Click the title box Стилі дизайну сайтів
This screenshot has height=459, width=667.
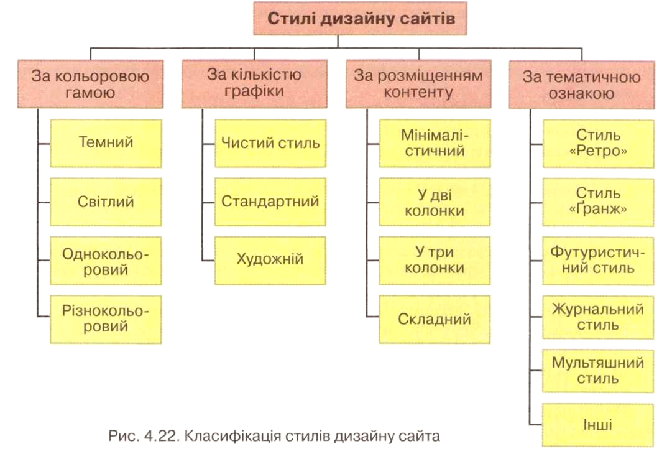(x=360, y=18)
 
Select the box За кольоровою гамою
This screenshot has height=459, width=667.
(x=90, y=84)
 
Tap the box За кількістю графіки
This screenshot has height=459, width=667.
(x=254, y=83)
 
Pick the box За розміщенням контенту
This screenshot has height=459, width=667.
(x=418, y=83)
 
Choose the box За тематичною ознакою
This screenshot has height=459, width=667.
(x=582, y=85)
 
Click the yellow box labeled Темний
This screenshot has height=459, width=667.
(x=106, y=143)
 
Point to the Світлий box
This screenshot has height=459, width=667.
(x=106, y=202)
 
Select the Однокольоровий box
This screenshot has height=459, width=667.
(x=106, y=261)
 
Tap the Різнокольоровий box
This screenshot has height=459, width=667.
(x=106, y=319)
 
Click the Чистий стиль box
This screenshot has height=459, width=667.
(x=270, y=143)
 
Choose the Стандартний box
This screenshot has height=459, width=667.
(x=270, y=202)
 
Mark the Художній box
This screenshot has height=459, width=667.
(x=270, y=261)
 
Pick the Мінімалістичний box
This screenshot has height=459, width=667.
(x=435, y=143)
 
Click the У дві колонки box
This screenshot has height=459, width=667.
(x=435, y=202)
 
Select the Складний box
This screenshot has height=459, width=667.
(x=435, y=319)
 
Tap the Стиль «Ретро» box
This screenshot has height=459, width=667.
(x=598, y=144)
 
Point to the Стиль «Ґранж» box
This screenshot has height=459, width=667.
(x=598, y=202)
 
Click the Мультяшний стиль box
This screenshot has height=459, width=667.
(x=598, y=371)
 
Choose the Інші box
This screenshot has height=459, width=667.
(x=598, y=425)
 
